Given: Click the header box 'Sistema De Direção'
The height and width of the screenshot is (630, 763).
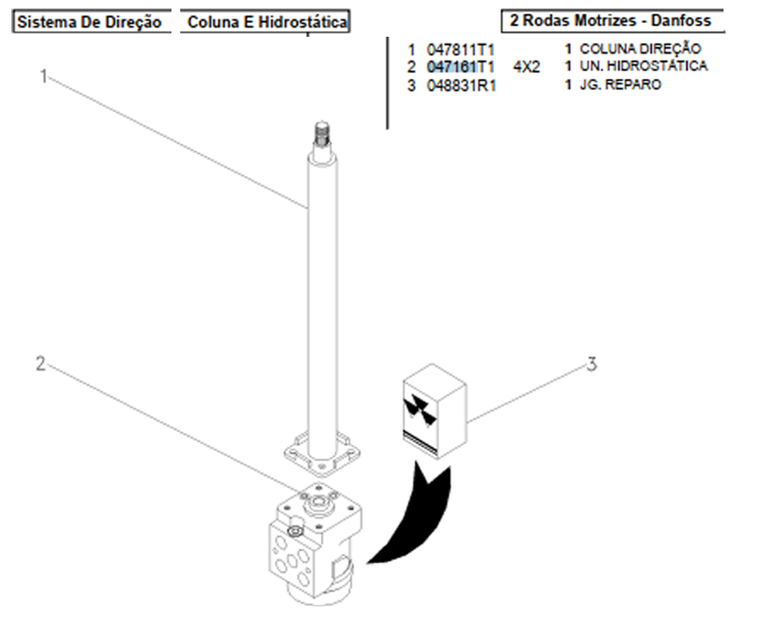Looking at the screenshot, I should (x=90, y=23).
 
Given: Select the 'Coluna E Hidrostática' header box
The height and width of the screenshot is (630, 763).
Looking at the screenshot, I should (x=266, y=23).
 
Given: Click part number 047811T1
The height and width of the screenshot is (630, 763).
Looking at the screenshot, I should (x=460, y=50).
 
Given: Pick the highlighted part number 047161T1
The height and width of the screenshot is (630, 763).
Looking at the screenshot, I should (x=460, y=66).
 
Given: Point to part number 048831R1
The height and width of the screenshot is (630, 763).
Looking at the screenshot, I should (x=460, y=86).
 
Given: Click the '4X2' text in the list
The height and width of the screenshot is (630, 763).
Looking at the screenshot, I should (x=527, y=66).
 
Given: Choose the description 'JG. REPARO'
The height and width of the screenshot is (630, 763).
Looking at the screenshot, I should (x=625, y=85).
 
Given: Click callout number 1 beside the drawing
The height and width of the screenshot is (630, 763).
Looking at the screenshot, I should (x=42, y=77).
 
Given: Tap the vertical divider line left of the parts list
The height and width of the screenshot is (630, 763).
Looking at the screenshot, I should (x=388, y=83).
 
